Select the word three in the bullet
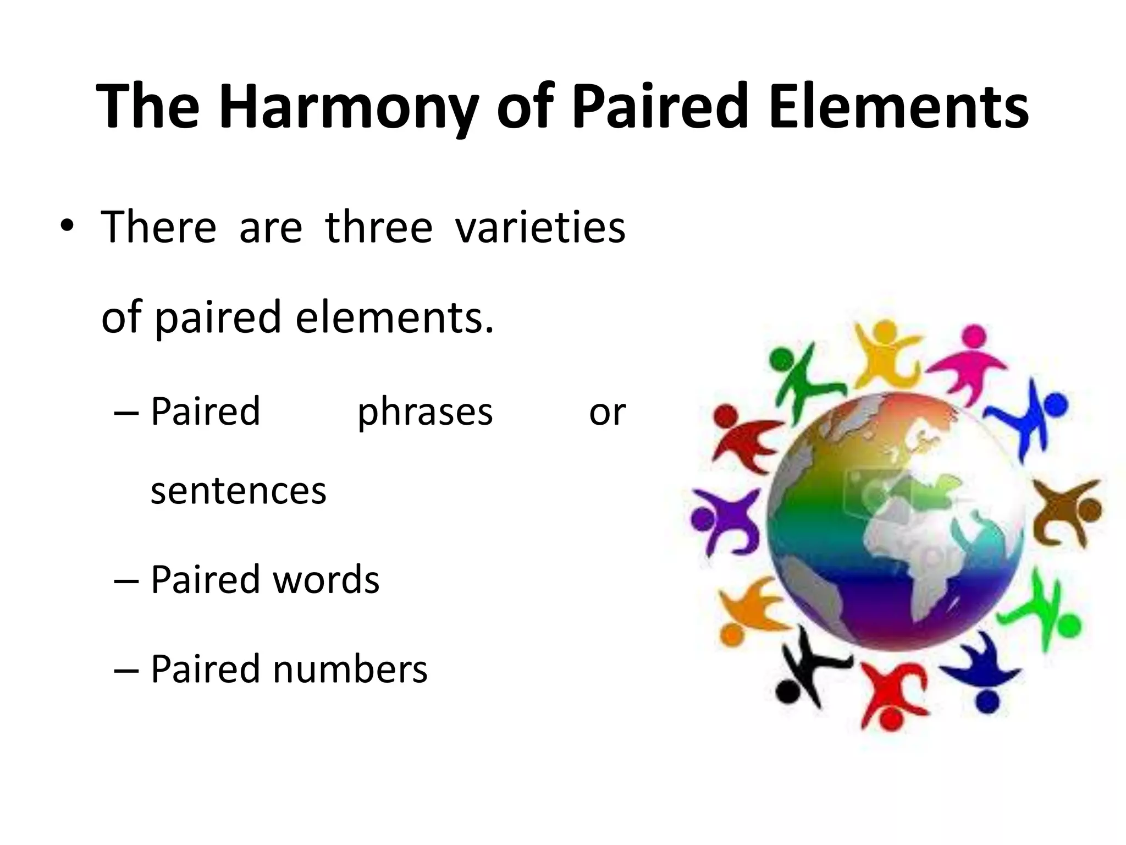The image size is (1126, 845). (379, 227)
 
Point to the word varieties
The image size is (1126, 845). (540, 227)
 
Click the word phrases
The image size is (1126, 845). (425, 411)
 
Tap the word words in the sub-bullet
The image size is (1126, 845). (325, 580)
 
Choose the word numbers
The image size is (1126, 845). (350, 669)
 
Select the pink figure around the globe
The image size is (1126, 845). (969, 363)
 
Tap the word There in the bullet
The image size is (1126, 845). (159, 227)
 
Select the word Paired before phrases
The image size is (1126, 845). (205, 411)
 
